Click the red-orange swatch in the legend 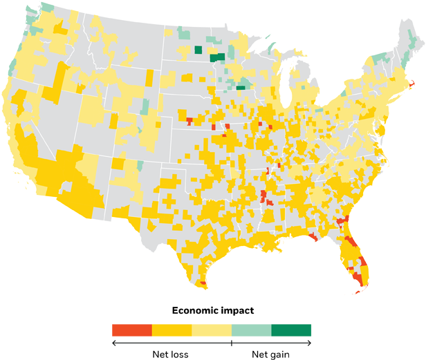tap(131, 330)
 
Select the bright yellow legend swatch tap(172, 330)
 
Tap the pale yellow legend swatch tap(212, 330)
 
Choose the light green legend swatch tap(252, 330)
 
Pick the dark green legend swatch tap(292, 330)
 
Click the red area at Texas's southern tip tap(202, 283)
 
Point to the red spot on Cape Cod tap(413, 85)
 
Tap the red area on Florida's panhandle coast tap(314, 237)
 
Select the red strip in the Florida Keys tap(358, 291)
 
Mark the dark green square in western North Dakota tap(198, 50)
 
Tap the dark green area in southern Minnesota tap(241, 88)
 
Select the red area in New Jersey tap(382, 129)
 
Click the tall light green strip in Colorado tap(145, 106)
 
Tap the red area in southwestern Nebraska tap(189, 122)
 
